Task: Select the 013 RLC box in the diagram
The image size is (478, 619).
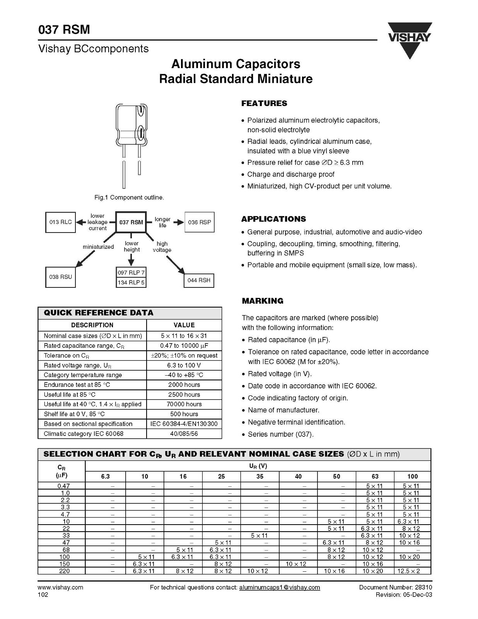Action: coord(60,222)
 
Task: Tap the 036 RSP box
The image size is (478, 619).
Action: coord(199,222)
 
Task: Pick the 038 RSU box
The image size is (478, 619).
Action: coord(60,277)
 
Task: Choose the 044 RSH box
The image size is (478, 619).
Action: coord(199,280)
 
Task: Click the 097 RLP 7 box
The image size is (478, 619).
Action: coord(131,273)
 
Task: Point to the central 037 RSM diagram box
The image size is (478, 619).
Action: coord(131,222)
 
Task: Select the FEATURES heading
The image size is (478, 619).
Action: coord(264,103)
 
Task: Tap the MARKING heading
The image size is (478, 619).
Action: coord(262,301)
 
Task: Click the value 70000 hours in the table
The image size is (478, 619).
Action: coord(184,404)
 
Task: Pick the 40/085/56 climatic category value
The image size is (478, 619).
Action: coord(184,434)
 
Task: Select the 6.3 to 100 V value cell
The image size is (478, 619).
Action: coord(184,365)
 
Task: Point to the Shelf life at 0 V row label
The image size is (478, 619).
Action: coord(74,414)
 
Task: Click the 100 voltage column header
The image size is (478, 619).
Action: coord(413,477)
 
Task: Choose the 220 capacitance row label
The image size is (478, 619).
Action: coord(64,571)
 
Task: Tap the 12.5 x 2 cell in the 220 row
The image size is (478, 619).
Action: coord(409,571)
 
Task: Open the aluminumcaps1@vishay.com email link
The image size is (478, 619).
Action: coord(280,587)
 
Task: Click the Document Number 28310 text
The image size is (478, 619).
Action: coord(396,587)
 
